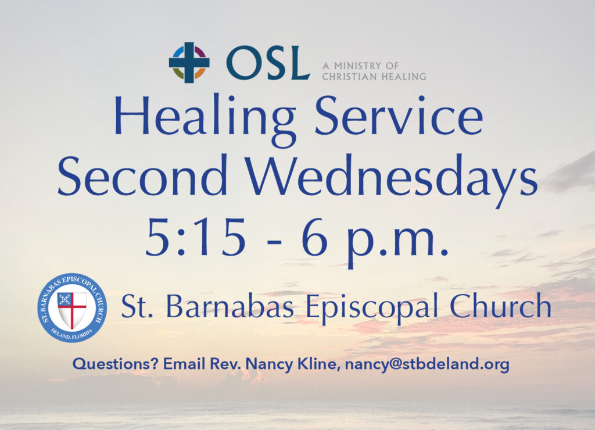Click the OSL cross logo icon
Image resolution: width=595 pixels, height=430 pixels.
click(189, 62)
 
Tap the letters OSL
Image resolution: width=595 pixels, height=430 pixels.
click(268, 63)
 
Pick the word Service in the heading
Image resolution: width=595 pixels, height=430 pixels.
click(399, 116)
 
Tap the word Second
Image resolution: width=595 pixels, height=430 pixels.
click(143, 175)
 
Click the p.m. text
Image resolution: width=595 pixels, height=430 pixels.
click(396, 243)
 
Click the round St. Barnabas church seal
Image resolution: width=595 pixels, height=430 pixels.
click(72, 307)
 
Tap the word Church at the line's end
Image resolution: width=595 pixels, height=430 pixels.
click(500, 306)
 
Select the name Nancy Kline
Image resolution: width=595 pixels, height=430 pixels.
click(291, 364)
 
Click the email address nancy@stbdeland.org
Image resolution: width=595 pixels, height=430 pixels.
click(427, 364)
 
